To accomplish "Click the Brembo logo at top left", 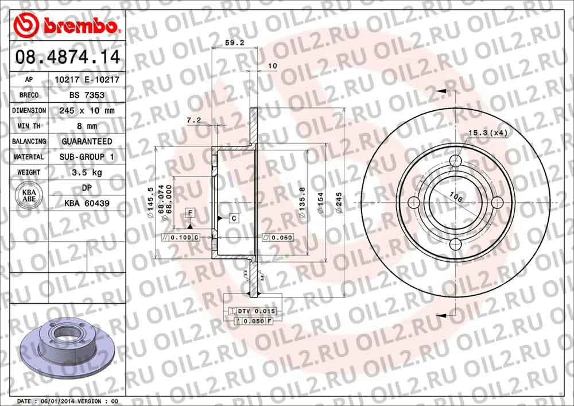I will tap(67, 25).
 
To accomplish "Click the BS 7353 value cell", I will tap(87, 95).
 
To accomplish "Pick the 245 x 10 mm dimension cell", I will tap(87, 110).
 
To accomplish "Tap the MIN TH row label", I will tap(29, 126).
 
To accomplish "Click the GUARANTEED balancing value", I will tap(87, 141).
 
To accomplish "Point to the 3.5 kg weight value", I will tap(87, 172).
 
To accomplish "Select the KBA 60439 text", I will tap(87, 203).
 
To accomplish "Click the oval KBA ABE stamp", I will tap(29, 195).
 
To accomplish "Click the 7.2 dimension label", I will tap(194, 120).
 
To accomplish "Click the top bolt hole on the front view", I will tap(456, 160).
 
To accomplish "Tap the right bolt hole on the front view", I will tap(498, 202).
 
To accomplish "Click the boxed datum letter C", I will tap(234, 218).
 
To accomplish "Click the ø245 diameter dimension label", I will tap(339, 203).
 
